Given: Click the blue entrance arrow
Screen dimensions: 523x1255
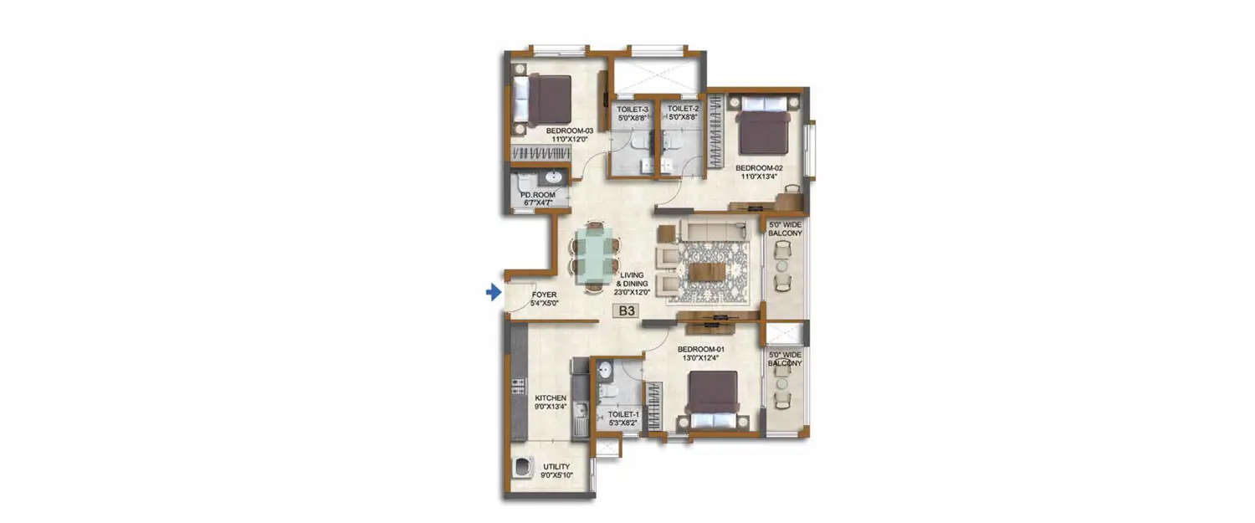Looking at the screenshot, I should (x=494, y=292).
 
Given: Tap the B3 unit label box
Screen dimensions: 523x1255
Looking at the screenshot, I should (x=626, y=311).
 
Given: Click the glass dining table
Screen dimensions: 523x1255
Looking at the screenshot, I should (x=596, y=256).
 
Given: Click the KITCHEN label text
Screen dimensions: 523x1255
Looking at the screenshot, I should (x=528, y=397).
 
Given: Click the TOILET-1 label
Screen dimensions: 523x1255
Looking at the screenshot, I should (x=623, y=413).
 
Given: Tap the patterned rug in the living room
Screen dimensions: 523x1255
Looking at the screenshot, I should (x=713, y=270).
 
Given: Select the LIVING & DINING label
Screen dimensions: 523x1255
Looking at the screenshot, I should (x=632, y=284).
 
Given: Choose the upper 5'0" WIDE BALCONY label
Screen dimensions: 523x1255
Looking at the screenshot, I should (x=785, y=228).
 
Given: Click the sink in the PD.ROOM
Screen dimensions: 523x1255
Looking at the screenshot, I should (x=553, y=177).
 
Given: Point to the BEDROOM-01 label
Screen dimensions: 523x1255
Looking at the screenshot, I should (x=699, y=349).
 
